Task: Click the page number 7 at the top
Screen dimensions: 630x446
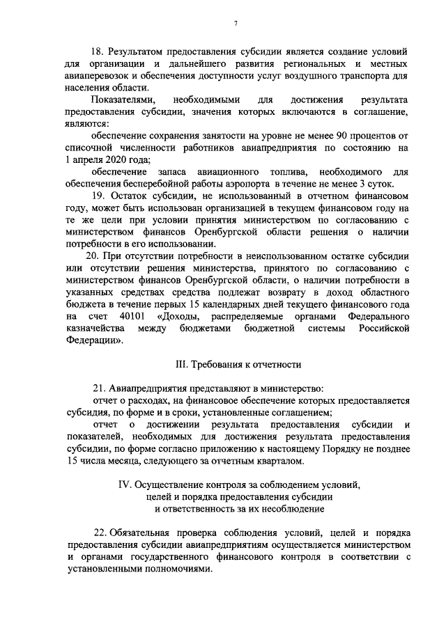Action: [236, 24]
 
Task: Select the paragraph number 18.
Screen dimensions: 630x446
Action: [100, 52]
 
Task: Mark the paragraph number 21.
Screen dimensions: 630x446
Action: [100, 388]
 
